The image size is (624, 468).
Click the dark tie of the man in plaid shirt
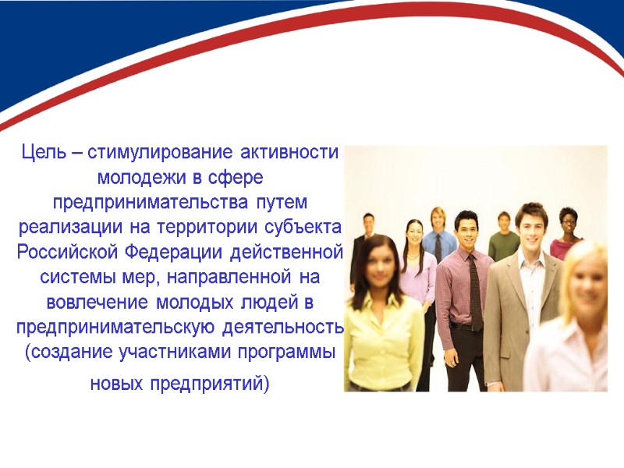click(x=475, y=292)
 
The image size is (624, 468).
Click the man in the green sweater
click(x=503, y=242)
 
